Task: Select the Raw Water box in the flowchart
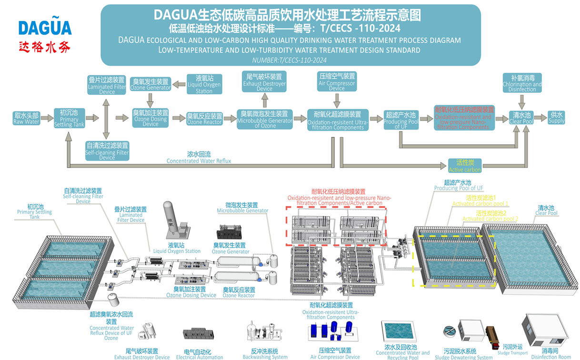pos(26,118)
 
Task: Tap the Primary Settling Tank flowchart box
pos(69,118)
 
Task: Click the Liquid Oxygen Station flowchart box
pos(204,84)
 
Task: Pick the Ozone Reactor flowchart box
pos(204,119)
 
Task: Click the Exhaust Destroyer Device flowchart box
pos(264,82)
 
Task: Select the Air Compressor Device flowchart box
pos(337,81)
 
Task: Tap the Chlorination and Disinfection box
pos(522,83)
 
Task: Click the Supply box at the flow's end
pos(556,118)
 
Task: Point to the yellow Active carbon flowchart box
pos(465,166)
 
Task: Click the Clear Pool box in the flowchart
pos(521,118)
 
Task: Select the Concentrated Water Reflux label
pos(199,158)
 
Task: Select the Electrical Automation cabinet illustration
pos(199,333)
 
